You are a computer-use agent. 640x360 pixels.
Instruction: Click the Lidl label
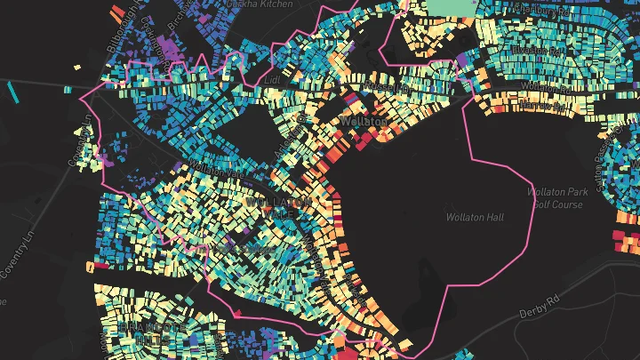pos(272,79)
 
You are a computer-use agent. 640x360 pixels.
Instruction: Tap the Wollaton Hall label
pos(476,216)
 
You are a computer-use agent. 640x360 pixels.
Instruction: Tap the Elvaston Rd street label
pos(533,51)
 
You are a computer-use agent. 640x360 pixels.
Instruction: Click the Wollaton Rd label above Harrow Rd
pos(540,86)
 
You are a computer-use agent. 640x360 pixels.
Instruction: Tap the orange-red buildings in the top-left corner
pos(117,11)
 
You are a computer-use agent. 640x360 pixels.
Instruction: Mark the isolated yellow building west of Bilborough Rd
pos(77,67)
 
